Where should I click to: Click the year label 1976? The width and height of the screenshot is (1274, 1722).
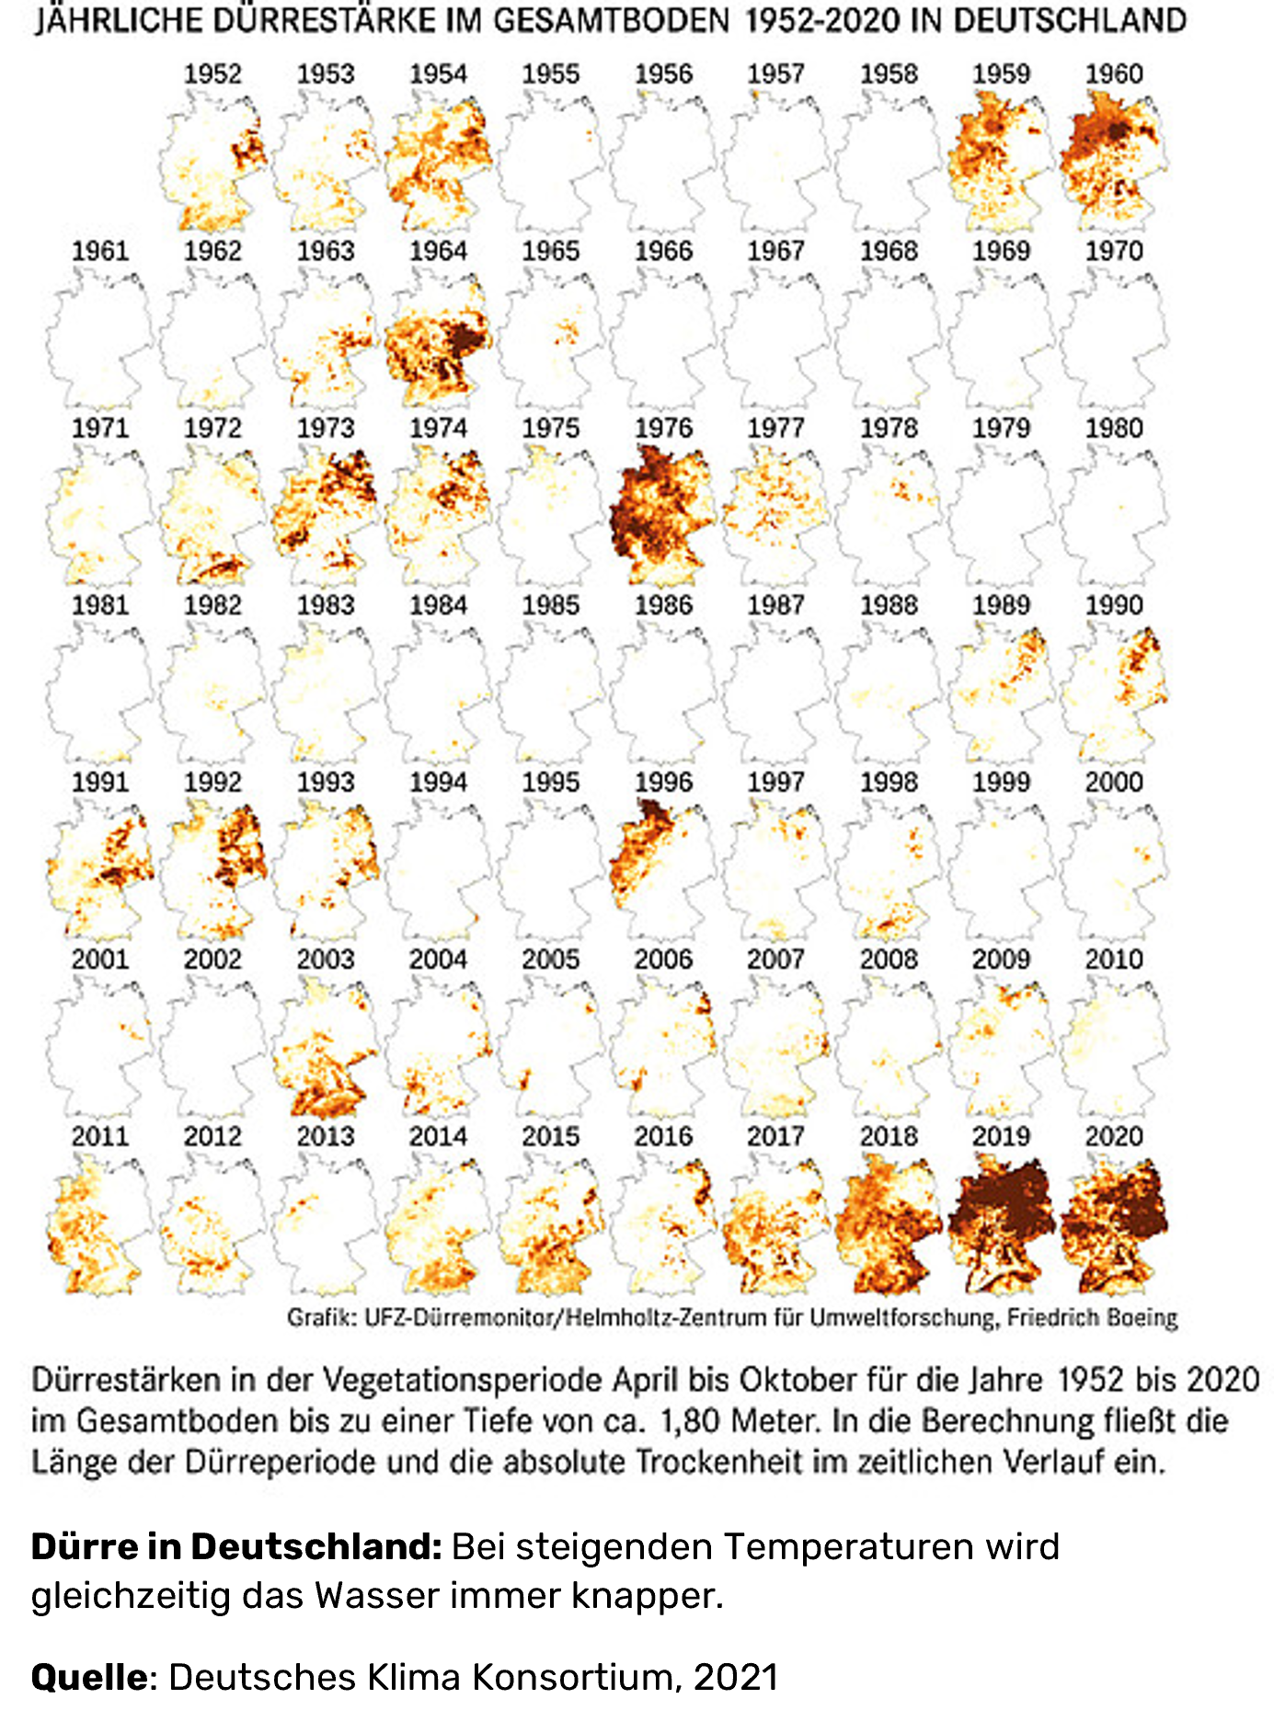point(663,429)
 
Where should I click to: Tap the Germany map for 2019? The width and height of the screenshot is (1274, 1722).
point(1001,1223)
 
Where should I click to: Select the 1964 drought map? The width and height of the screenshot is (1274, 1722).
point(438,340)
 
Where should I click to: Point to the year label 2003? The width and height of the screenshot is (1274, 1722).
point(326,959)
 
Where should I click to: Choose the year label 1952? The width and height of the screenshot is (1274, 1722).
point(212,75)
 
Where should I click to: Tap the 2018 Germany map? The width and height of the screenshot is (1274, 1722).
point(888,1223)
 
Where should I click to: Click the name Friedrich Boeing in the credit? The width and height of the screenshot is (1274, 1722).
point(1092,1317)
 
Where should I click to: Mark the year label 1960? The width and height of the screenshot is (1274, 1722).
point(1114,75)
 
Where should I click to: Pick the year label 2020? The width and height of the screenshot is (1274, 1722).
point(1114,1137)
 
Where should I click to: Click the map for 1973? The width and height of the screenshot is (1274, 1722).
point(326,515)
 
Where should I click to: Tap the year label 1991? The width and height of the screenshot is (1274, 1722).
point(100,783)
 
